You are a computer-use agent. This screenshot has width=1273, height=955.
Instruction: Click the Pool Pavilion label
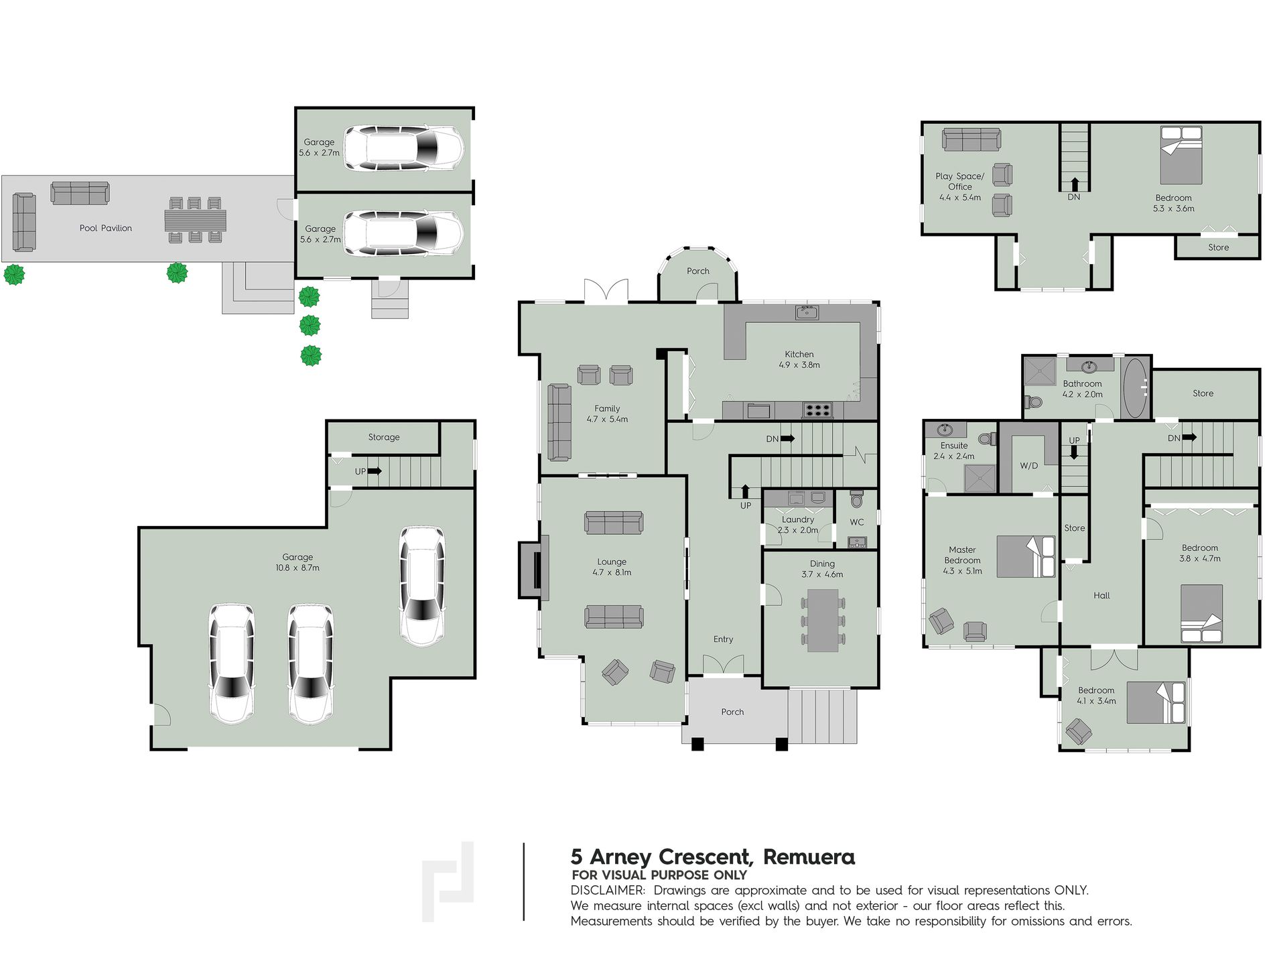106,228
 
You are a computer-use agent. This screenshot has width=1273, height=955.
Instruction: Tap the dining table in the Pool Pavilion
195,220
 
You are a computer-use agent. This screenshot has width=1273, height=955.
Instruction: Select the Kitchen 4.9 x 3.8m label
799,359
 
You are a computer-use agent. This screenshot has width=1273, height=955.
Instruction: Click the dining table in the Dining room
823,621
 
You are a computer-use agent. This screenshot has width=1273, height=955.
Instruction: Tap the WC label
857,522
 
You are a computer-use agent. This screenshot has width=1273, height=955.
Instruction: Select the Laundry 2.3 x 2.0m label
798,525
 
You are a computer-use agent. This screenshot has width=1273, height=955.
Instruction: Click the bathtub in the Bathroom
1134,388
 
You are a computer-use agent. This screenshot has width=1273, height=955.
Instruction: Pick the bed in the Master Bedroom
1026,556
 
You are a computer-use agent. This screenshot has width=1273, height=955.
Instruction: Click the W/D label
1029,466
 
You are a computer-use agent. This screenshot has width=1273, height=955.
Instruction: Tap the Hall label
1101,595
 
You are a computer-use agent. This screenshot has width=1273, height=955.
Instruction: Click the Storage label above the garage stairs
384,437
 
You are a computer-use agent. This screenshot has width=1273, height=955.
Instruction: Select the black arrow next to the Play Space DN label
1075,184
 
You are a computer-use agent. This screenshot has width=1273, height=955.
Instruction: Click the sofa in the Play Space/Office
971,139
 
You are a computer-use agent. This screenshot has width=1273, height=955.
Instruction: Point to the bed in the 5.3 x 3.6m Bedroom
1181,155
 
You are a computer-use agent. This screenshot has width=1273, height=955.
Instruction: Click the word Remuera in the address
809,856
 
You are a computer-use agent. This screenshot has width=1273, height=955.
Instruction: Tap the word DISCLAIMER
608,891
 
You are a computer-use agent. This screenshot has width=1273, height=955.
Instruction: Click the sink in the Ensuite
945,430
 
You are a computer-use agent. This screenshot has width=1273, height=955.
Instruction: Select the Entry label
723,639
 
